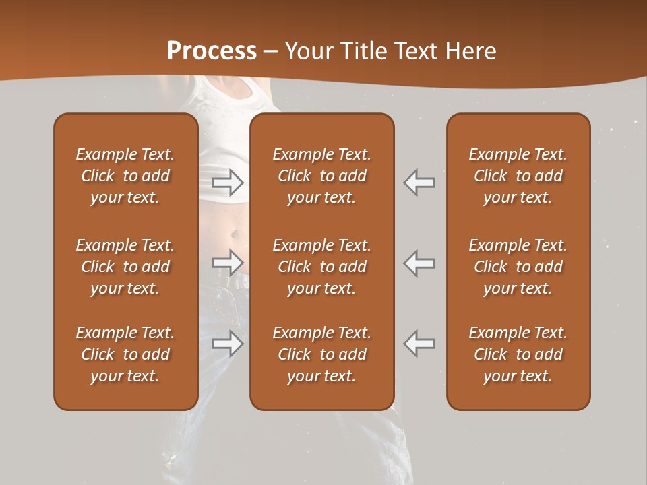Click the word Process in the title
pos(212,51)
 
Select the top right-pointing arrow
pos(227,182)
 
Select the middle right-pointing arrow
pos(227,262)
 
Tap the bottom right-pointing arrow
pos(227,343)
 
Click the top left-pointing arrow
pos(419,182)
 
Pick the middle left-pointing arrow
pos(419,262)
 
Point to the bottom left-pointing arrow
pos(419,343)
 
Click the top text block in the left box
pos(125,176)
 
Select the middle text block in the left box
pos(125,267)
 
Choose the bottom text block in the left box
pos(125,354)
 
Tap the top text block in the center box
pos(321,176)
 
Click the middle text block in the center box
pos(321,267)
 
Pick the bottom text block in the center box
pos(321,354)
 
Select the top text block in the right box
pos(518,176)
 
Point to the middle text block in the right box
pos(518,267)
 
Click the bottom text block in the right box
pos(518,354)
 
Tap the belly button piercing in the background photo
pos(234,234)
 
